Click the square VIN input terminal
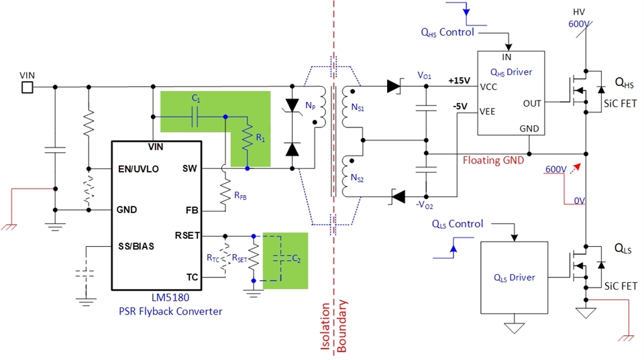[x=27, y=86]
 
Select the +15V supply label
[x=458, y=81]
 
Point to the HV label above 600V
[x=579, y=12]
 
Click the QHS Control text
[x=447, y=32]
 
